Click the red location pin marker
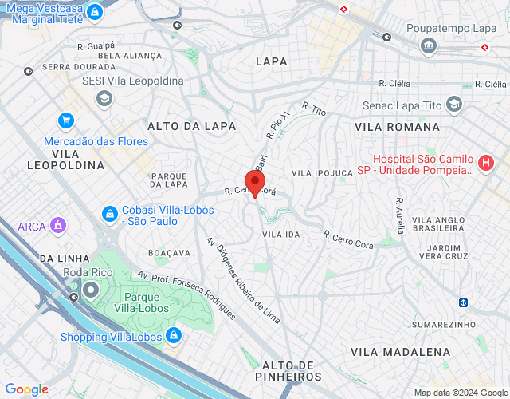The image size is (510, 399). [254, 183]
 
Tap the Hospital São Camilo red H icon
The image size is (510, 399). [486, 164]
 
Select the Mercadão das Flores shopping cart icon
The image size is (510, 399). [66, 121]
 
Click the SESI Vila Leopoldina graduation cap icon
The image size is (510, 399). [104, 98]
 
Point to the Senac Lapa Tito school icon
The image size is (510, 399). [453, 105]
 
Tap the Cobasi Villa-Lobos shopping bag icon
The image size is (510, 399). [109, 215]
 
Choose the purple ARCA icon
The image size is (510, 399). [57, 226]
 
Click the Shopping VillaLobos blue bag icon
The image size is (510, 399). [174, 336]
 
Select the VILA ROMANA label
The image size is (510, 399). [397, 127]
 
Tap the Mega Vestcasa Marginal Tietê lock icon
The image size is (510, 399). [95, 13]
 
